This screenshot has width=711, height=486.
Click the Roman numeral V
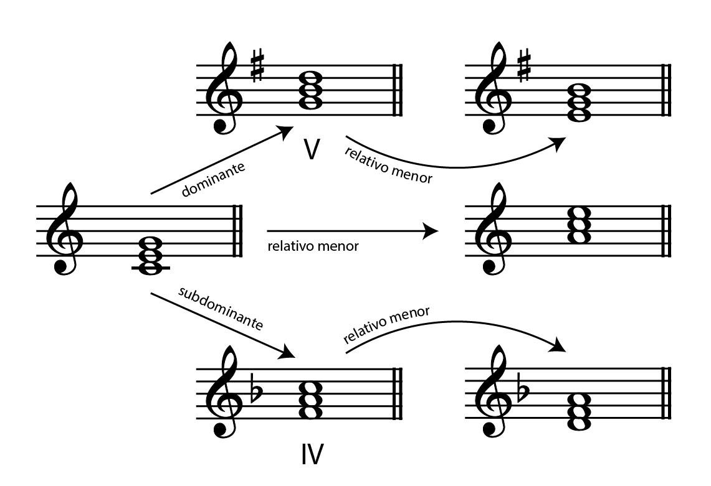312,149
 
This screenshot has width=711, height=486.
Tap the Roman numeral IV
312,454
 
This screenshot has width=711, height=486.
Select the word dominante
213,179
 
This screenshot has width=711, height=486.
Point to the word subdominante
221,309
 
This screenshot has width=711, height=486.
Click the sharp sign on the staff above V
257,67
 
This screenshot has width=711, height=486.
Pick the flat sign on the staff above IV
257,390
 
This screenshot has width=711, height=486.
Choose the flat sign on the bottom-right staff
523,390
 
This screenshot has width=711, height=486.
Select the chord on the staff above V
312,91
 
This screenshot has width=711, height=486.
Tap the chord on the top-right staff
580,103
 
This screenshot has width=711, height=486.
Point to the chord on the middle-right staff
580,225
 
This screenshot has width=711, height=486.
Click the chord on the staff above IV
312,400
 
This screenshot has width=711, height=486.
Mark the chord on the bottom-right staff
580,412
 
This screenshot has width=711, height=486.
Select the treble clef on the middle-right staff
494,228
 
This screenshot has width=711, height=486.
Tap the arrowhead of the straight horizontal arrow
431,231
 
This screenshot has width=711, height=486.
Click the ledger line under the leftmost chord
151,269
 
